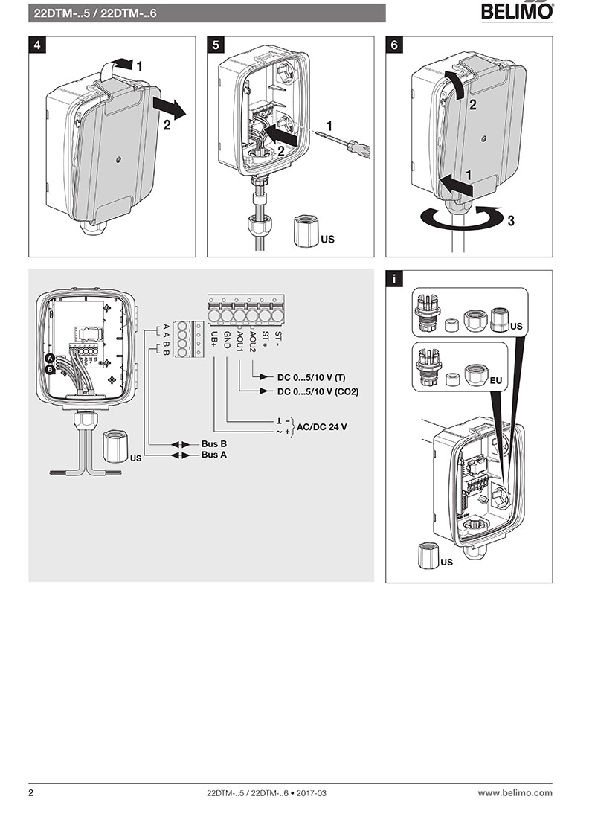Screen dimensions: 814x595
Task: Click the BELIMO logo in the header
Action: coord(517,11)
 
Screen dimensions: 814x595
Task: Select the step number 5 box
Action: coord(215,45)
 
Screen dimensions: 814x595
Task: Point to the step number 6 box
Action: coord(393,45)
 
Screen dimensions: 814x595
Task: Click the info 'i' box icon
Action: coord(393,278)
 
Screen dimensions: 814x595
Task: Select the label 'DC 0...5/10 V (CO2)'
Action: coord(318,391)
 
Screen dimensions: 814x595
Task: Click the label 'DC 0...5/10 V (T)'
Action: coord(311,377)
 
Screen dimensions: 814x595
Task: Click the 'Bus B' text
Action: coord(213,444)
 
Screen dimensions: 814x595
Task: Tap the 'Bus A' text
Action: coord(213,455)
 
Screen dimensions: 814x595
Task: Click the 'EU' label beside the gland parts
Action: coord(497,381)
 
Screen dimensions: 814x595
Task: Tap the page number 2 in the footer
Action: coord(31,793)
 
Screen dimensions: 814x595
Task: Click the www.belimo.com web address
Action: coord(515,793)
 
